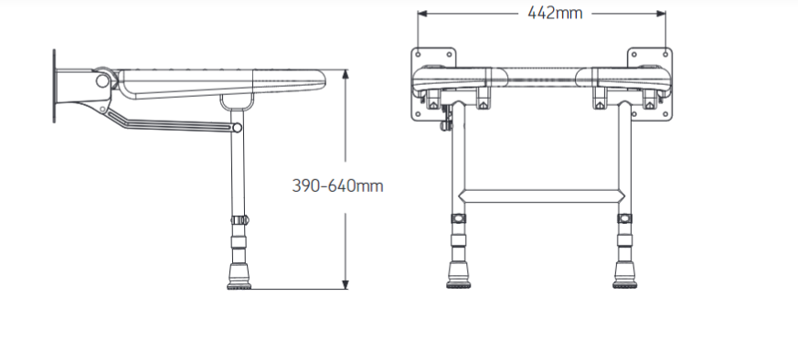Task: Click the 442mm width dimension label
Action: [x=555, y=13]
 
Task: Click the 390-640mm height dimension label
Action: [x=337, y=185]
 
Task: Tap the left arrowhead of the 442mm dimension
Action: [x=422, y=14]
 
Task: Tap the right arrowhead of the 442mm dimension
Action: [x=661, y=14]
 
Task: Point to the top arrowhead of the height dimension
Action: [x=346, y=74]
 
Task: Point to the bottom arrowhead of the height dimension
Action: [x=346, y=284]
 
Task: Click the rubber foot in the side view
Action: [x=239, y=277]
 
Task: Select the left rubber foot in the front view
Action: [x=458, y=275]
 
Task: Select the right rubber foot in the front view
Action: [x=624, y=275]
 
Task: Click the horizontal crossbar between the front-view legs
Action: [x=541, y=196]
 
